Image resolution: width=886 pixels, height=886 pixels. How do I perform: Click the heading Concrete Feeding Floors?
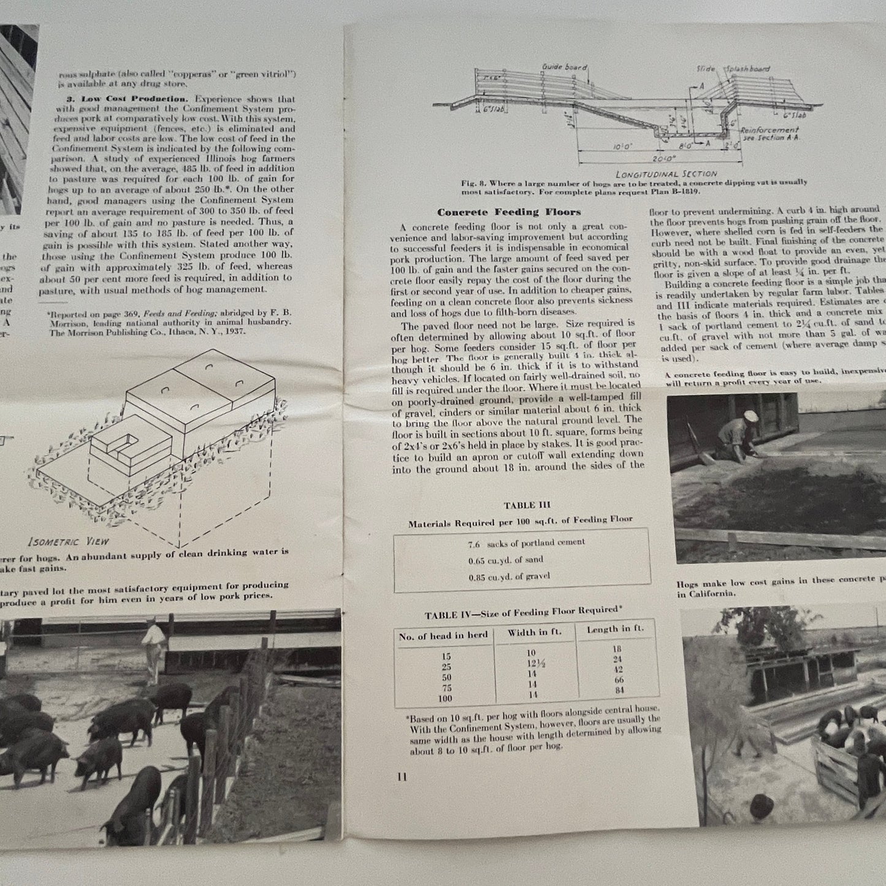508,213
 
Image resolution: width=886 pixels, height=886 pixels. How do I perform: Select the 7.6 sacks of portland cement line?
526,543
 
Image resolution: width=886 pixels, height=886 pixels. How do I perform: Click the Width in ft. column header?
532,633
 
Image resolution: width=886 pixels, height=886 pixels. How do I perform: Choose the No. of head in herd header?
443,636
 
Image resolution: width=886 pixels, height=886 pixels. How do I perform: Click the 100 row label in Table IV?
445,698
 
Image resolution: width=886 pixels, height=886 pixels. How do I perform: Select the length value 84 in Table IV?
619,691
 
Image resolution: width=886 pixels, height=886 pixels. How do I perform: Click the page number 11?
402,777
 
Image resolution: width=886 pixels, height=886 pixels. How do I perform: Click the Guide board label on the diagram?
564,67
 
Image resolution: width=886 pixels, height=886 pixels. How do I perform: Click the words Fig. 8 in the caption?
473,183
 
